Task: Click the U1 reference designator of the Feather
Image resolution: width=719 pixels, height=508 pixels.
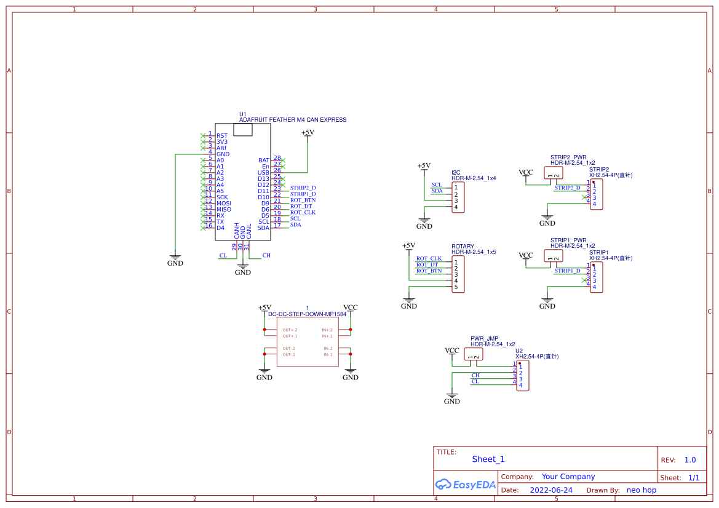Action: coord(242,114)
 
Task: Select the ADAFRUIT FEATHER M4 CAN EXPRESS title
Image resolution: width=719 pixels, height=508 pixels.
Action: coord(292,120)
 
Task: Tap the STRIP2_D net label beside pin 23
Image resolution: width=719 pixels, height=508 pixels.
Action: coord(303,188)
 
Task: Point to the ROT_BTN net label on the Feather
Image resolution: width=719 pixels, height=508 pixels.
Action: coord(303,200)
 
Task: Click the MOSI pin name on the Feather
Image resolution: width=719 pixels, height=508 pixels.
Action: coord(223,204)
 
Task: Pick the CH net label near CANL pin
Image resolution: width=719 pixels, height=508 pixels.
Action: coord(266,255)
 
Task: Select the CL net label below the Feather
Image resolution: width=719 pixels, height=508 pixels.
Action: coord(223,255)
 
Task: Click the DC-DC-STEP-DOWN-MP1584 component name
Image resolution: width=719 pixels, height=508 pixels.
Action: coord(307,314)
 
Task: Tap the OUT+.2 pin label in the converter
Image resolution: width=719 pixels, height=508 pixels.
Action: coord(290,330)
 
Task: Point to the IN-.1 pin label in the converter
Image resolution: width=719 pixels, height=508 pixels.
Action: coord(328,355)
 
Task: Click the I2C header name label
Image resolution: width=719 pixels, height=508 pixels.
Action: coord(456,173)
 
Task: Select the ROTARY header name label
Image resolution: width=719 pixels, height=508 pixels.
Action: coord(463,247)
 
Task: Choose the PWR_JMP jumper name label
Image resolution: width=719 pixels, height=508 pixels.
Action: coord(484,339)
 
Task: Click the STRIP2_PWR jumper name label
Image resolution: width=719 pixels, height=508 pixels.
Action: coord(568,157)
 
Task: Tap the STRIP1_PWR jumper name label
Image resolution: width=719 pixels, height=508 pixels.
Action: coord(568,240)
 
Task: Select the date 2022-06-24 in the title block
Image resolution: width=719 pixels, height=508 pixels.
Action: coord(551,490)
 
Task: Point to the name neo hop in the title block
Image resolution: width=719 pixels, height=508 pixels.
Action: coord(641,490)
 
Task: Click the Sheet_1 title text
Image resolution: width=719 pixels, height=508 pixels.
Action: coord(488,459)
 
